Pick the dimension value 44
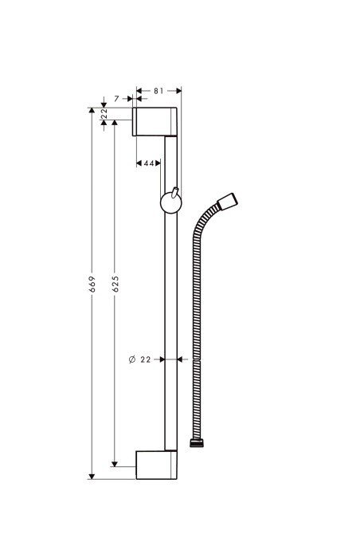(149, 163)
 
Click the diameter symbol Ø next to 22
(131, 359)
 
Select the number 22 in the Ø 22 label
(146, 359)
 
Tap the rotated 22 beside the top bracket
(104, 116)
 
